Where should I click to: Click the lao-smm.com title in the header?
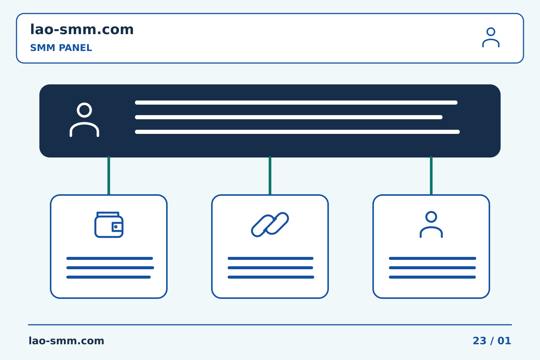pos(82,30)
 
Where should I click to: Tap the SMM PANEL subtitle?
pos(61,48)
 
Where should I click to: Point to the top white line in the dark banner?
pos(296,102)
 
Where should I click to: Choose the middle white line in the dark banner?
pos(289,117)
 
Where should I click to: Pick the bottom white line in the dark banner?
pos(297,132)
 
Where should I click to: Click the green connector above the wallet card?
pos(109,175)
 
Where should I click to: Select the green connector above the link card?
pos(270,175)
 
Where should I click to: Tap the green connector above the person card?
pos(431,175)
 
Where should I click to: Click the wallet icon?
pos(109,225)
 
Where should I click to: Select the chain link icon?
pos(270,225)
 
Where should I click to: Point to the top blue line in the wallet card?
pos(109,258)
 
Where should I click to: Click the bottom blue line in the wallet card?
pos(108,277)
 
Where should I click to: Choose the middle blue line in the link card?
pos(270,268)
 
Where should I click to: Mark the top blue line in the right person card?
pos(432,258)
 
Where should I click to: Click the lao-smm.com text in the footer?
pos(66,341)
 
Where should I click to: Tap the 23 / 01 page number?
pos(492,341)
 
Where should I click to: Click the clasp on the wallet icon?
pos(117,226)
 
